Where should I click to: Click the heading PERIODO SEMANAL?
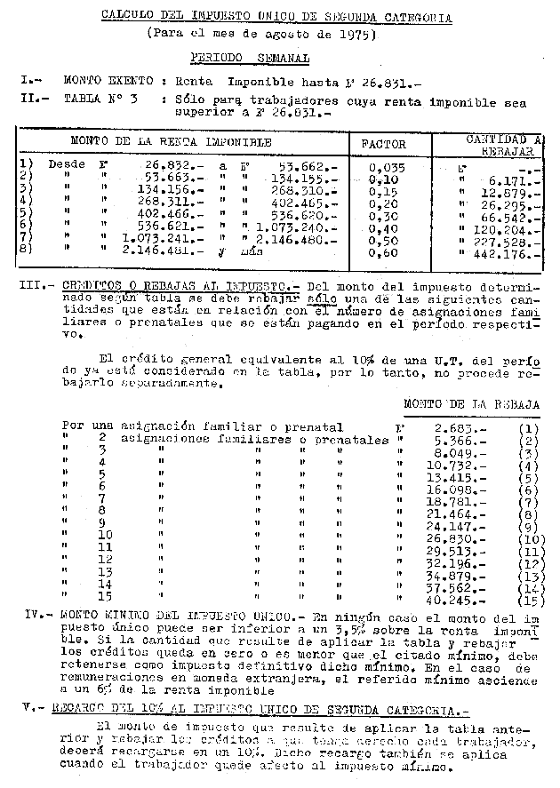pos(250,59)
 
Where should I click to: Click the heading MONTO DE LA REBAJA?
pos(472,404)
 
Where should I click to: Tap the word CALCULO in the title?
pos(124,16)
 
